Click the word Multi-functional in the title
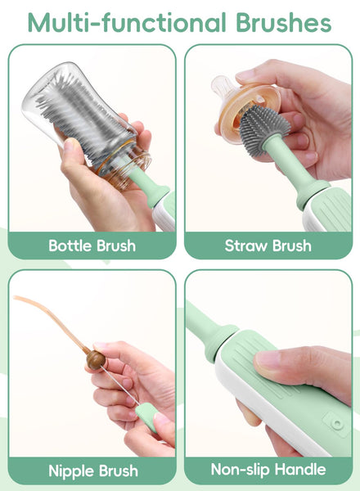[x=127, y=23]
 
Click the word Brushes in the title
[x=284, y=23]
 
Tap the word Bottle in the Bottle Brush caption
[x=70, y=245]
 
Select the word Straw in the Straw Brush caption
[x=246, y=245]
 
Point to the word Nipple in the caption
[x=71, y=471]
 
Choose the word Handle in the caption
[x=300, y=470]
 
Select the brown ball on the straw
[x=96, y=359]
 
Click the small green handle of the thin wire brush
[x=146, y=417]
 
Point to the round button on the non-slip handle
[x=337, y=424]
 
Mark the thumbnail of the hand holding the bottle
[x=70, y=145]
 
